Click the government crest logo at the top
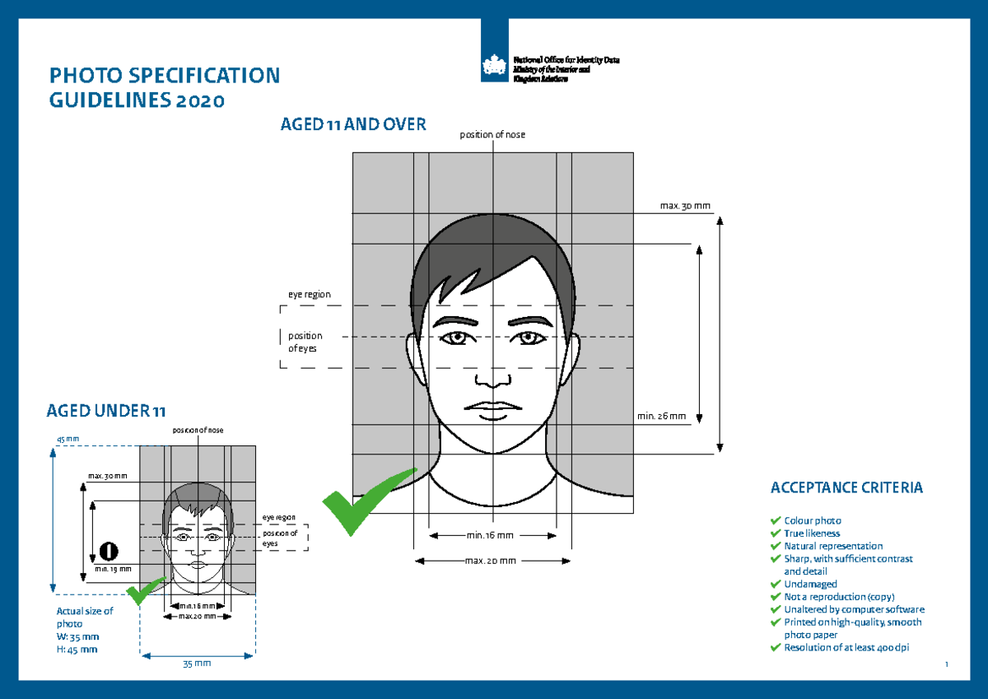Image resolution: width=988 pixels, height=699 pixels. click(x=495, y=63)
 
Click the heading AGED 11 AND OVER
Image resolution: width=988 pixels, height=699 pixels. click(x=353, y=125)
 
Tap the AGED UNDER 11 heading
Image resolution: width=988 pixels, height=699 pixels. click(x=99, y=411)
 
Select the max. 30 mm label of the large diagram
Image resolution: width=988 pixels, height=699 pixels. click(x=684, y=204)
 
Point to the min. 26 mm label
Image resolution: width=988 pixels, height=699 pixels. click(x=661, y=416)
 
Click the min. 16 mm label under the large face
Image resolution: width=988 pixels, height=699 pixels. click(x=490, y=535)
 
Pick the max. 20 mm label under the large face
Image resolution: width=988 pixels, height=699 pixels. click(x=491, y=561)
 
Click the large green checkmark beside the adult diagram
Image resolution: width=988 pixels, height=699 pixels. click(x=367, y=500)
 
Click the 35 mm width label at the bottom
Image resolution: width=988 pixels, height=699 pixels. click(x=197, y=663)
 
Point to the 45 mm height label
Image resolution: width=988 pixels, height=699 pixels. click(x=68, y=439)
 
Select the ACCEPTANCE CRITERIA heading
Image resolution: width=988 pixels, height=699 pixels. click(x=846, y=488)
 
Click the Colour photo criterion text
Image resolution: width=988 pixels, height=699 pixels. click(x=813, y=520)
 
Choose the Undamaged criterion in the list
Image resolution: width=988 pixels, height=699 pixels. click(x=810, y=584)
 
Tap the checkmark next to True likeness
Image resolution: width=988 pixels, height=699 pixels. click(x=775, y=534)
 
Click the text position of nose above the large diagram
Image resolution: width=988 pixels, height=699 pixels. click(x=492, y=135)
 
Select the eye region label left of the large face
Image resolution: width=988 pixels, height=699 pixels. click(x=309, y=294)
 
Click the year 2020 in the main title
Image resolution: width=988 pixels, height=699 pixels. click(x=198, y=101)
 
